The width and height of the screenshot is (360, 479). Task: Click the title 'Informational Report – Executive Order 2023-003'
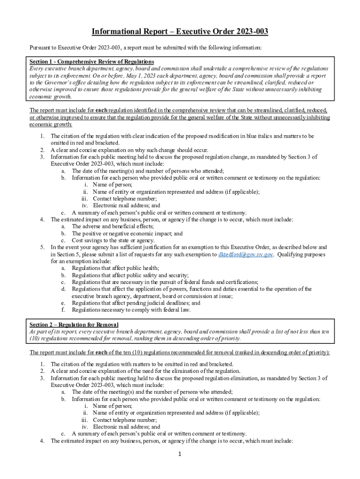(180, 32)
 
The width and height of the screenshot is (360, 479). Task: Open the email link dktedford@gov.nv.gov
(243, 255)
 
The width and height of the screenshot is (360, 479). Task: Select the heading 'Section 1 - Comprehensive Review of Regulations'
(92, 62)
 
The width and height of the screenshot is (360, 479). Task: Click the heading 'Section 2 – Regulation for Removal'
(74, 325)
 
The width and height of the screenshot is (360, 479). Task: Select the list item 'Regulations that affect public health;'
(115, 268)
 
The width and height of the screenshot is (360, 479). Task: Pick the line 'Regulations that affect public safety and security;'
(130, 276)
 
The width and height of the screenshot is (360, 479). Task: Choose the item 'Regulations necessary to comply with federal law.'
(131, 310)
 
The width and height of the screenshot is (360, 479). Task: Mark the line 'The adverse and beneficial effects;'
(112, 226)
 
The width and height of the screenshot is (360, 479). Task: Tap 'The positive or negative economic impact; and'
(127, 233)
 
